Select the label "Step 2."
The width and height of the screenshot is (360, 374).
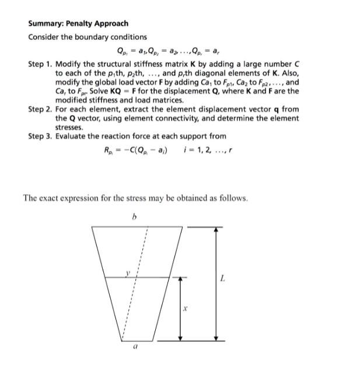point(40,109)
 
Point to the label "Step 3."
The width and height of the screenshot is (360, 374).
point(40,136)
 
